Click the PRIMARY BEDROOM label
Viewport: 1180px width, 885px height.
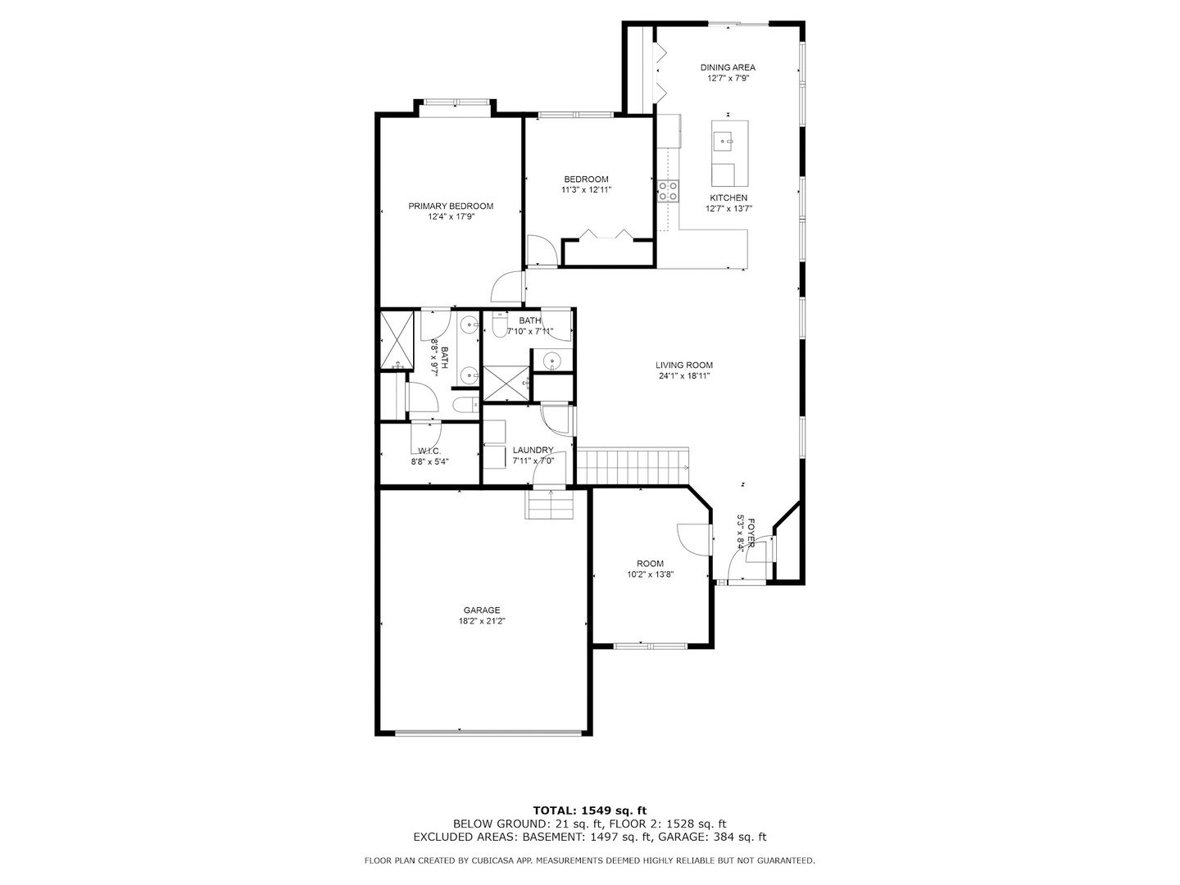451,206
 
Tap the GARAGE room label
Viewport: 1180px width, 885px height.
482,610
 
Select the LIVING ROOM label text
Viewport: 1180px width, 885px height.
683,365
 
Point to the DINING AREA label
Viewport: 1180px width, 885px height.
728,67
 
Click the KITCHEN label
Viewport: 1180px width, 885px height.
728,197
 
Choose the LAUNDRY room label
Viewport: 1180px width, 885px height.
533,450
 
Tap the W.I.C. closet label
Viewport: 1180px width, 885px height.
429,452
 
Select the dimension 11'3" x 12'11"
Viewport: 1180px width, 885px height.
586,189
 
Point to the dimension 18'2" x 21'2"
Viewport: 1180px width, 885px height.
482,620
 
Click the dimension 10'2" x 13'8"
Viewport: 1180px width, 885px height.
650,574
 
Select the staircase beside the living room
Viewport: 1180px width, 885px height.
633,466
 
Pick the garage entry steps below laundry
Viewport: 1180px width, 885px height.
549,505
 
